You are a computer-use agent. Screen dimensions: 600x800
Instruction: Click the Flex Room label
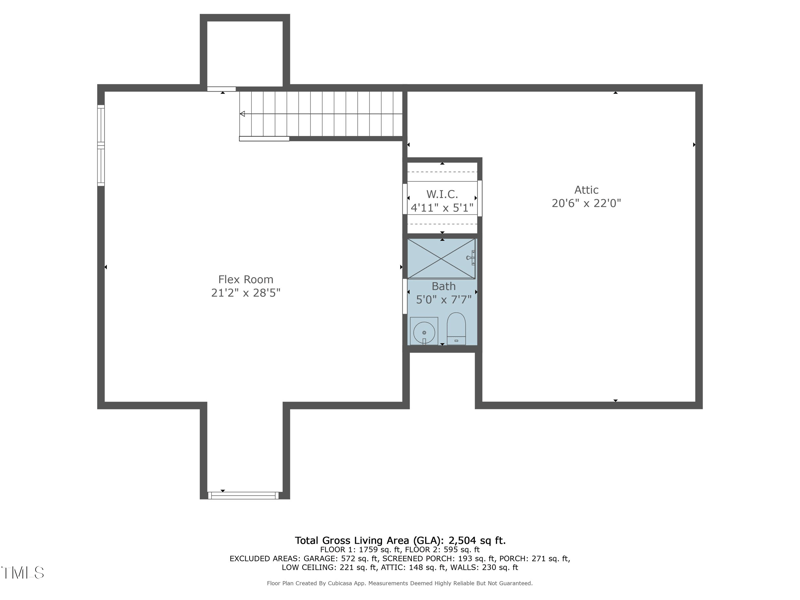(245, 279)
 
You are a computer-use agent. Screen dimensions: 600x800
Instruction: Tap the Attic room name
(586, 189)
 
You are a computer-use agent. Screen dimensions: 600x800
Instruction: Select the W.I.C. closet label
(442, 194)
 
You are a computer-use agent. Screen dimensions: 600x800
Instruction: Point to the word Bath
(443, 286)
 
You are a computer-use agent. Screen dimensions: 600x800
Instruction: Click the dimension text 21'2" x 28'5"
(245, 293)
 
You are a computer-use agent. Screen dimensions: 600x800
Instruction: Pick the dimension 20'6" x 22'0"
(586, 203)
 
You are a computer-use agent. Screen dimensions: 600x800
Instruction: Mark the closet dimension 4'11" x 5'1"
(442, 208)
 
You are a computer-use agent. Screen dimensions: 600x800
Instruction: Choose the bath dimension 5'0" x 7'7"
(443, 299)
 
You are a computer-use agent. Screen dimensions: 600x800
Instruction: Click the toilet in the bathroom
(456, 327)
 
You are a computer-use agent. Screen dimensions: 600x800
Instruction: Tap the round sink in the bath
(424, 329)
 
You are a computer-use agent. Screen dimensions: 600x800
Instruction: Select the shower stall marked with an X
(442, 258)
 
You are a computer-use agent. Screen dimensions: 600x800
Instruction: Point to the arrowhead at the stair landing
(242, 114)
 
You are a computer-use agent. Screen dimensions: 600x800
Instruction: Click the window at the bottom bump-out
(243, 494)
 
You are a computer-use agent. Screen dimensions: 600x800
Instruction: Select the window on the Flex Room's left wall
(100, 145)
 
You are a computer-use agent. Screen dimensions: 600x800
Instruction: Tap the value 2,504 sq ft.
(487, 540)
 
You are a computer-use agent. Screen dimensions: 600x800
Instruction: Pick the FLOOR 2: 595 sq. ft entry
(442, 549)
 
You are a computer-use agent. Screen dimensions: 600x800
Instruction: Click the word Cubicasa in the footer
(360, 583)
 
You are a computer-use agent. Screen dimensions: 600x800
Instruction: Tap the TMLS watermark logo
(22, 573)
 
